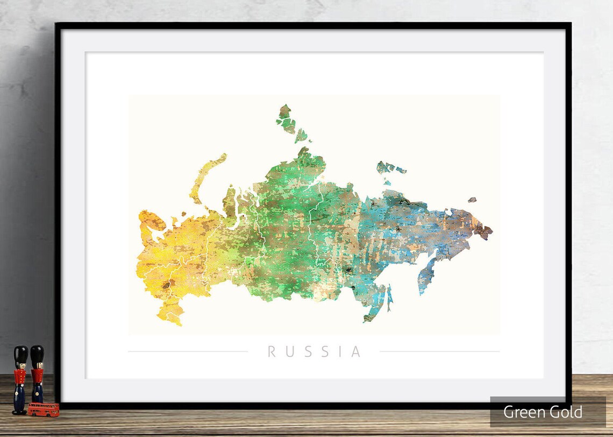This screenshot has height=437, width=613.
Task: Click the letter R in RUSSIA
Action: coord(272,352)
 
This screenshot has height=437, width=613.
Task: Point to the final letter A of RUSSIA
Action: coord(356,352)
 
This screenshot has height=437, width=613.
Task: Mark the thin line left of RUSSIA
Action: coord(188,352)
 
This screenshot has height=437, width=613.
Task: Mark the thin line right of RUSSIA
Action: coord(439,352)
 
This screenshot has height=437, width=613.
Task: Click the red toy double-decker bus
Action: coord(44,410)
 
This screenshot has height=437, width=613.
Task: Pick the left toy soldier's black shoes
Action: coord(19,412)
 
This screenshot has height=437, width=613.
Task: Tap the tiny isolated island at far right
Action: coord(472,200)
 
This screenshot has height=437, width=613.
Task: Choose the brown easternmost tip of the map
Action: coord(483,231)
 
